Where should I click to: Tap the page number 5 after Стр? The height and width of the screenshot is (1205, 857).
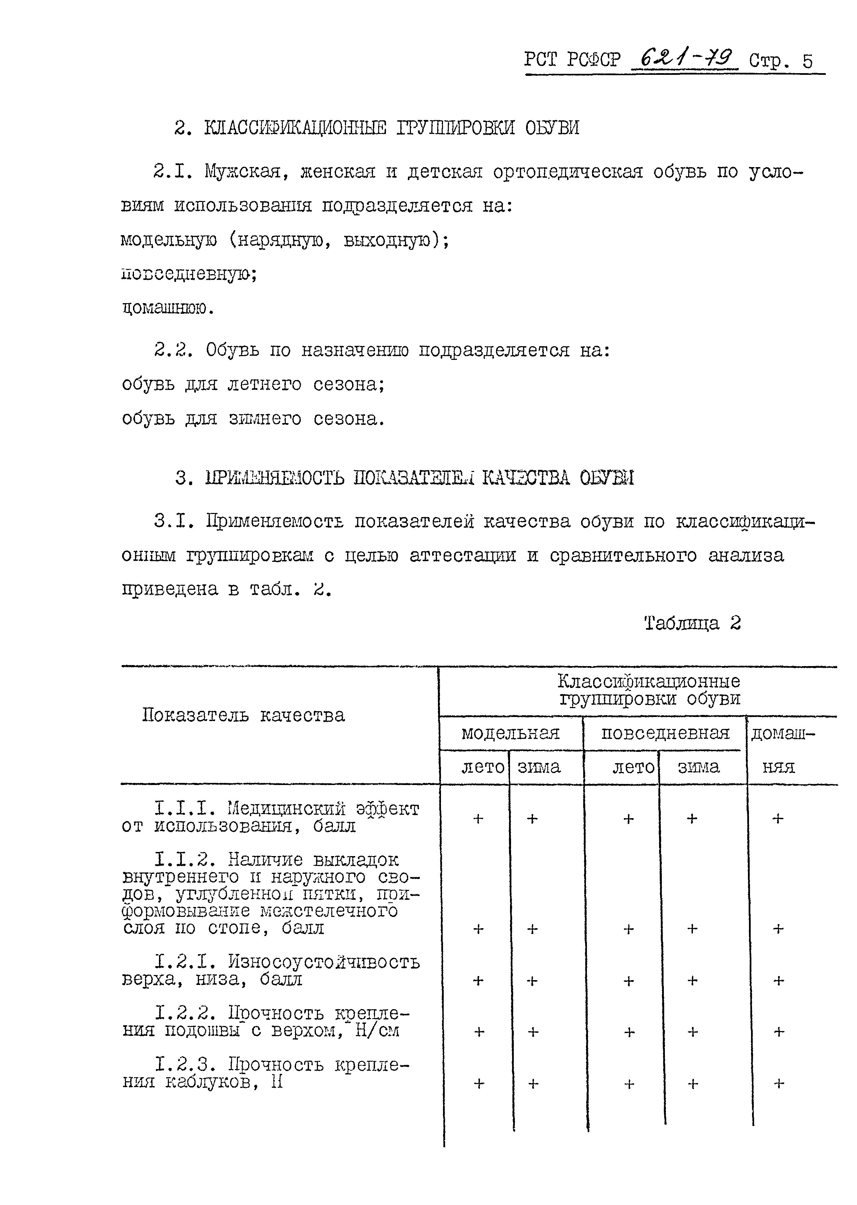point(807,62)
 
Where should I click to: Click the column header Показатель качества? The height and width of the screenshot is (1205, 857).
point(243,715)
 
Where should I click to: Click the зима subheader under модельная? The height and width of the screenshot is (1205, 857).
point(538,767)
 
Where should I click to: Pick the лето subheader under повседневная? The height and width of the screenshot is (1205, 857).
point(633,767)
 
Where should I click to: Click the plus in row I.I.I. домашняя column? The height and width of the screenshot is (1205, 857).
point(778,818)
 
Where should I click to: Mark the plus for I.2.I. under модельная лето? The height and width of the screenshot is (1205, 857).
point(478,980)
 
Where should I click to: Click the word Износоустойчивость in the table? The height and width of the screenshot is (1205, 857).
point(324,962)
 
